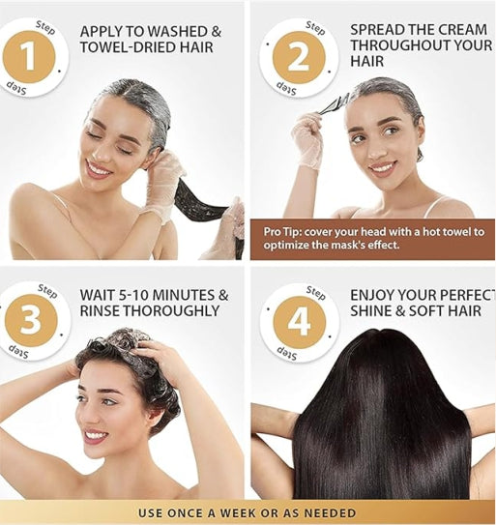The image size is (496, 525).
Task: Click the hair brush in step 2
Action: [x=335, y=102]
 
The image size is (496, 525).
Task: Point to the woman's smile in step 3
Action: [x=96, y=435]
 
